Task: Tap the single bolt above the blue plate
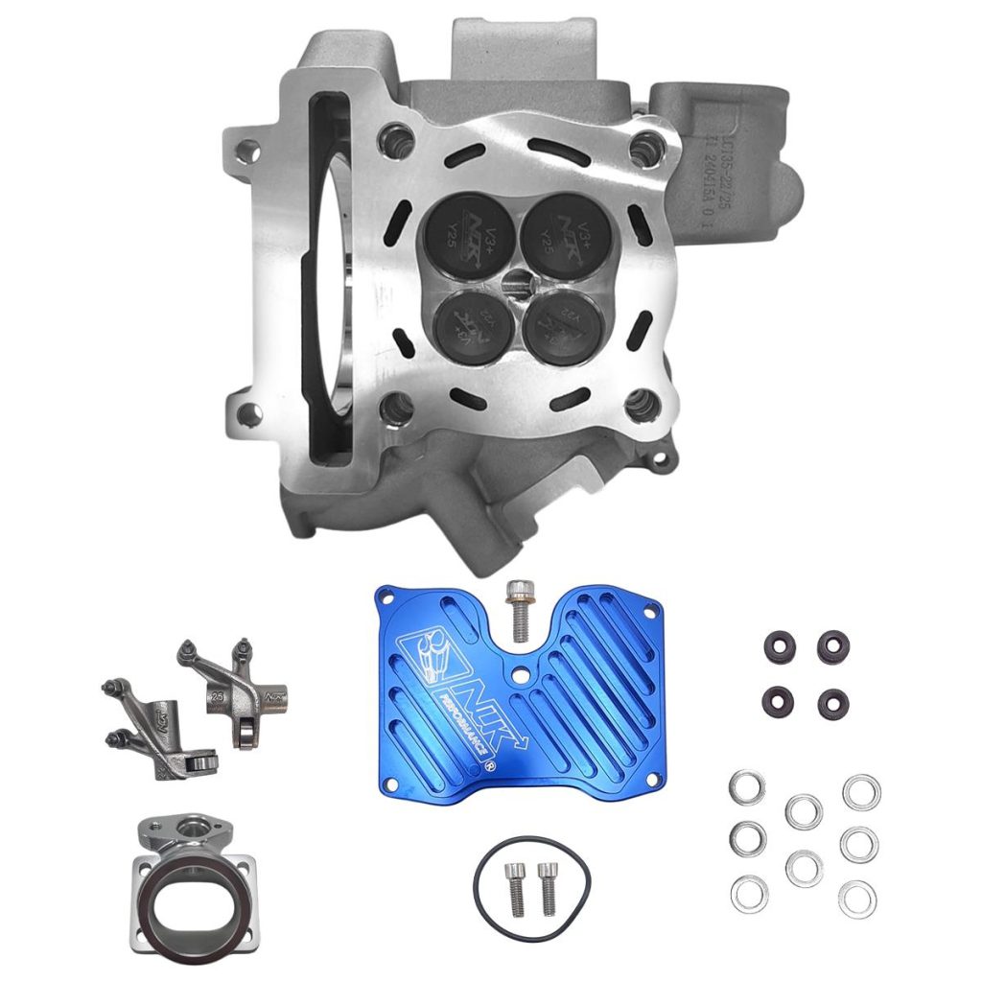click(519, 609)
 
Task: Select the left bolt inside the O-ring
click(515, 887)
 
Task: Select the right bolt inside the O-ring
click(547, 887)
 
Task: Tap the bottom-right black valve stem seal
click(832, 704)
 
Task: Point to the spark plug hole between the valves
click(519, 280)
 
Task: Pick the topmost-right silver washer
click(861, 792)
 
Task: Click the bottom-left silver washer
click(749, 894)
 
